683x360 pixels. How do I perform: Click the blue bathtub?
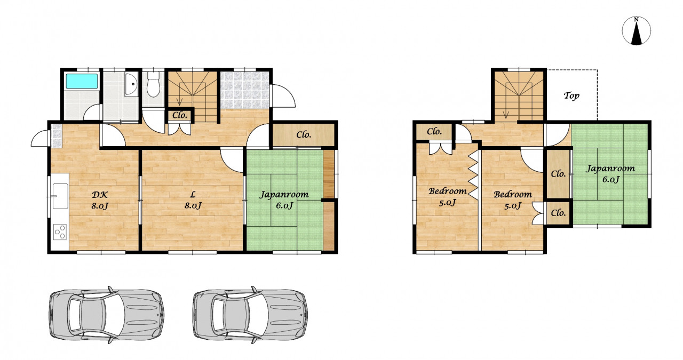82,81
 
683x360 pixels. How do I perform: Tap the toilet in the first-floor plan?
153,84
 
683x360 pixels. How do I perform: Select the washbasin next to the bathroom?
131,85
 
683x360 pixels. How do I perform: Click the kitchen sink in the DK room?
60,196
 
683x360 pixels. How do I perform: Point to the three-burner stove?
60,232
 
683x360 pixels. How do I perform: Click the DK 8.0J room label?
100,200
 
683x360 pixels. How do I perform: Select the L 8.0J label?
193,200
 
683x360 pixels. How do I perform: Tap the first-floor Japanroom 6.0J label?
284,200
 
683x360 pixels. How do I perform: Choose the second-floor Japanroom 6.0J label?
610,174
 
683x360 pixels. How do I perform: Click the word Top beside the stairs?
571,95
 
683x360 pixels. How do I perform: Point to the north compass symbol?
637,31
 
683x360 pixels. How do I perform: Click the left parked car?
107,315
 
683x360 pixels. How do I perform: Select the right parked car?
250,315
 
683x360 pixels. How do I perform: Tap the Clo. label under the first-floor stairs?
180,115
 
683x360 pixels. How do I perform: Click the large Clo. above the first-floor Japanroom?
304,134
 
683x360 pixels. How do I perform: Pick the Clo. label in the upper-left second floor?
434,131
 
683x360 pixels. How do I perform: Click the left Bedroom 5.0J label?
447,197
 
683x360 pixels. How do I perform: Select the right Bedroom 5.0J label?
513,200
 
